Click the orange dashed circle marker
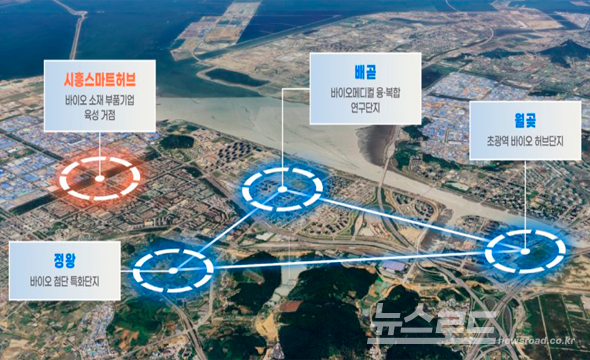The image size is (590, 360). pyautogui.click(x=99, y=178)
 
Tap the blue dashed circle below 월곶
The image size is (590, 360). pyautogui.click(x=524, y=252)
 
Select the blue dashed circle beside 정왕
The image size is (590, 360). pyautogui.click(x=174, y=268)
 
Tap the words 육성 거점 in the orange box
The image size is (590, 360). pyautogui.click(x=99, y=114)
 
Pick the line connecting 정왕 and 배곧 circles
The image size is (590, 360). pyautogui.click(x=228, y=229)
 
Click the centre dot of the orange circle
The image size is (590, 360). pyautogui.click(x=99, y=178)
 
